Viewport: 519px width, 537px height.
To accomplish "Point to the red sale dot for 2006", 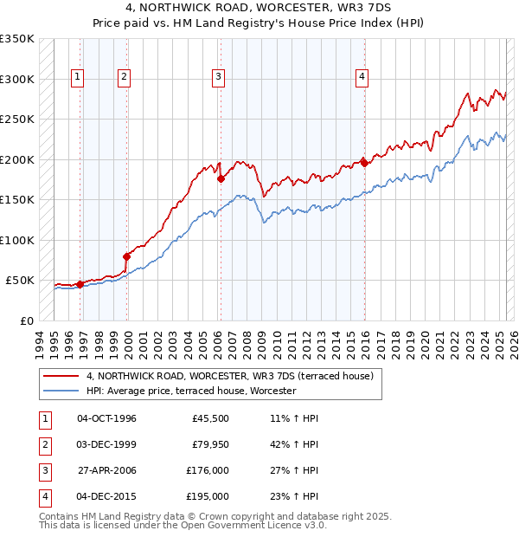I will pyautogui.click(x=221, y=179).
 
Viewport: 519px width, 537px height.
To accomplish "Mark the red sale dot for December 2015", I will pyautogui.click(x=364, y=162).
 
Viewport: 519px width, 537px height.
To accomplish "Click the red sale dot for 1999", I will pyautogui.click(x=127, y=256).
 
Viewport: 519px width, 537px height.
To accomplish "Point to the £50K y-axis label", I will pyautogui.click(x=20, y=281).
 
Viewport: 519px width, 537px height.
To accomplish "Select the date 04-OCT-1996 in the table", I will pyautogui.click(x=106, y=418).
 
